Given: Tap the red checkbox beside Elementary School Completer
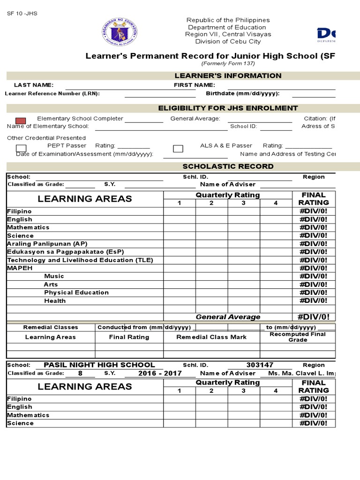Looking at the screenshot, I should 21,121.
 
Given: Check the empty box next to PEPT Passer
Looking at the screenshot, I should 21,148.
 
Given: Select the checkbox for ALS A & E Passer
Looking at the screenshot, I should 178,149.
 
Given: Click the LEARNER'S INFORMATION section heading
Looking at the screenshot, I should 228,76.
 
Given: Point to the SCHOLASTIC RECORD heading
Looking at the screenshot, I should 228,166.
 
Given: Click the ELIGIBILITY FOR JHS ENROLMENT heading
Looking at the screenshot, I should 228,108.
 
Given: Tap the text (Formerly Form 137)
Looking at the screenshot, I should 228,64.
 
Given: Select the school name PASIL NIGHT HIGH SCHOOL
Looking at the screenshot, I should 99,365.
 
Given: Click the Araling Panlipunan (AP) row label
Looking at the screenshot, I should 47,244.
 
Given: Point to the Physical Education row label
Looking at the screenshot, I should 76,292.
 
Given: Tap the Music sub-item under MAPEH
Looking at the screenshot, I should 54,276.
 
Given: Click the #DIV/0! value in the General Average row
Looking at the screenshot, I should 314,317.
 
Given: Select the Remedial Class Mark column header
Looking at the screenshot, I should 211,337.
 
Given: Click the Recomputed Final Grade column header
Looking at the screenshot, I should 298,337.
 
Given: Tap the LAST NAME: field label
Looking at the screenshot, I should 34,85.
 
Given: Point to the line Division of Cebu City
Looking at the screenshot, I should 228,41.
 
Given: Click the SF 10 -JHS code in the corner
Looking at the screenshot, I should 22,14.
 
